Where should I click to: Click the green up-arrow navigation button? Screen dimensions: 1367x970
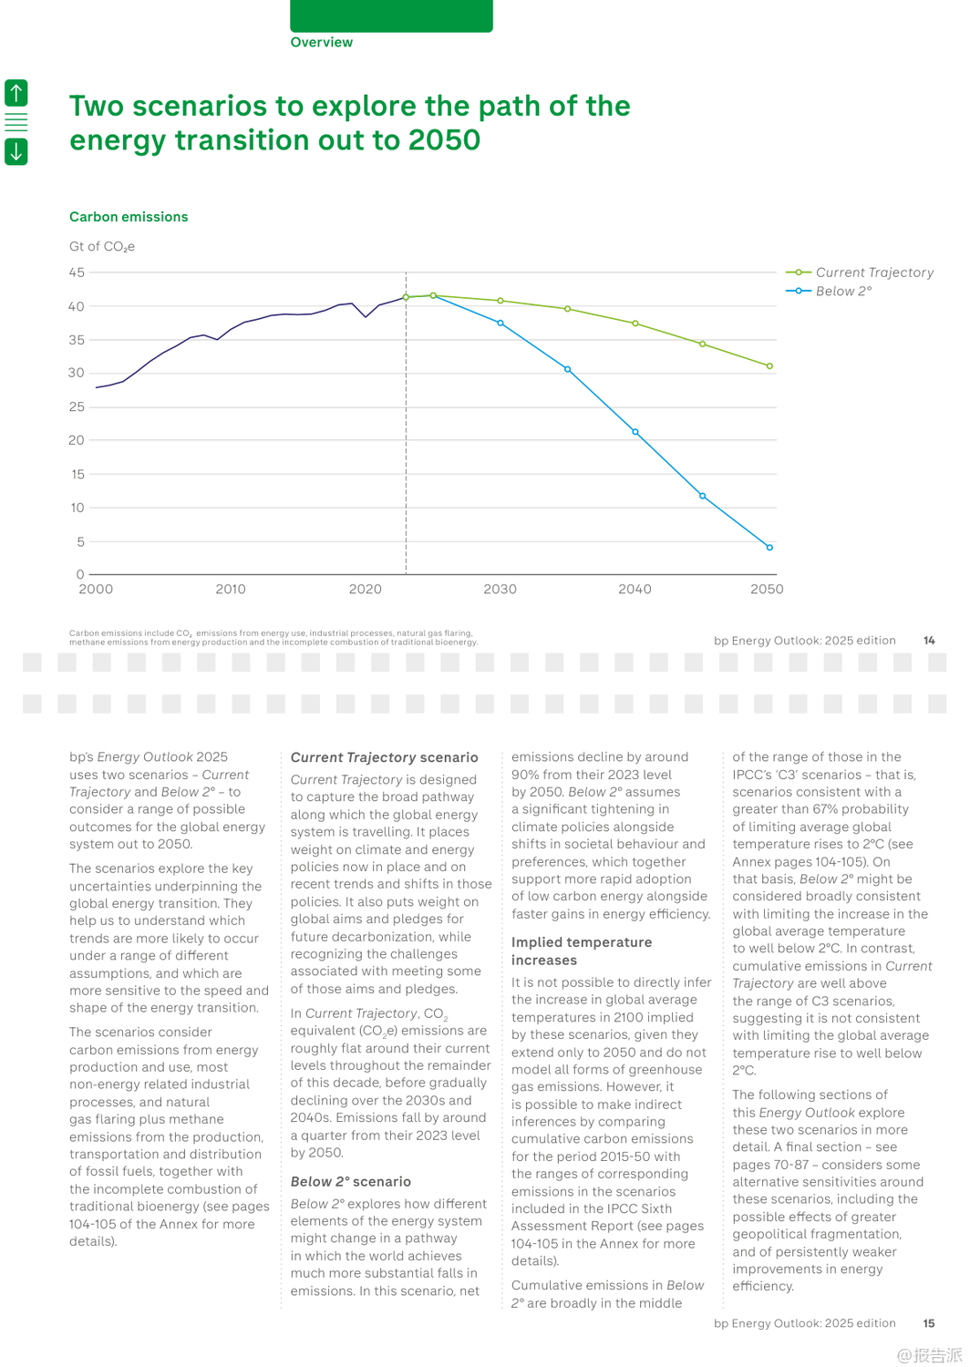coord(16,92)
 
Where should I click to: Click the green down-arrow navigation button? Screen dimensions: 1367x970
coord(16,151)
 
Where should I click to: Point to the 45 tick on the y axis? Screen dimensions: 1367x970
coord(77,272)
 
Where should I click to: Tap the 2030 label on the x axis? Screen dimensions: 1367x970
coord(500,590)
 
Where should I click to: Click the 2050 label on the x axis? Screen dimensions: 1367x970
coord(767,590)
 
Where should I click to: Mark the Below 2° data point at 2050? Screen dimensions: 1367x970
coord(769,548)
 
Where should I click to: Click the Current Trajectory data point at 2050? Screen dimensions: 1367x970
coord(769,366)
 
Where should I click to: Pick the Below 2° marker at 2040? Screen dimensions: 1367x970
coord(635,432)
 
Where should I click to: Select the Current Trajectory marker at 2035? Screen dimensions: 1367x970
coord(568,309)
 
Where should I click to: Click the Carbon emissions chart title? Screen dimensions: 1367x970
coord(129,217)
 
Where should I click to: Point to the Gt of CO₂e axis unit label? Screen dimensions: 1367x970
coord(102,247)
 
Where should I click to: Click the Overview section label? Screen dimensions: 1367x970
coord(321,42)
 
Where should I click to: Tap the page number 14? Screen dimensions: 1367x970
coord(929,641)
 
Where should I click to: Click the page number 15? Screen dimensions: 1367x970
coord(929,1323)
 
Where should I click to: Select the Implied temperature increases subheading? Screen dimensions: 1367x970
coord(582,951)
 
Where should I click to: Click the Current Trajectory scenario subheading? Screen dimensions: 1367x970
coord(384,757)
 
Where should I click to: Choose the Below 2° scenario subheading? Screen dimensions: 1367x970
coord(350,1182)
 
